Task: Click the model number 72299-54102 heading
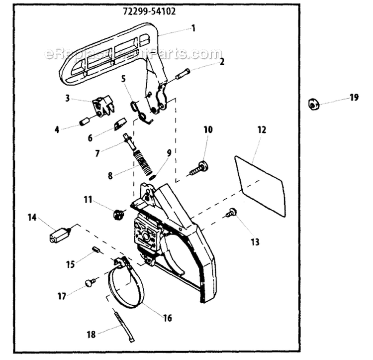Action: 149,11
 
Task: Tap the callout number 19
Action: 354,98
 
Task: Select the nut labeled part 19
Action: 313,104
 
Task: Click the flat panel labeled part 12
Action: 260,186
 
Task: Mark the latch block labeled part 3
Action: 103,106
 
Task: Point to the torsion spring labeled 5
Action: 141,112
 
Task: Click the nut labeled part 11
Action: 117,214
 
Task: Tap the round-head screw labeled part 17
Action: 90,283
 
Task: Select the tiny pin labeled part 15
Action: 95,250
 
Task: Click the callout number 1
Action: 193,28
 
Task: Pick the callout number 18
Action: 91,335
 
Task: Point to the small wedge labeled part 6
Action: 120,123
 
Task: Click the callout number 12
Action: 262,129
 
